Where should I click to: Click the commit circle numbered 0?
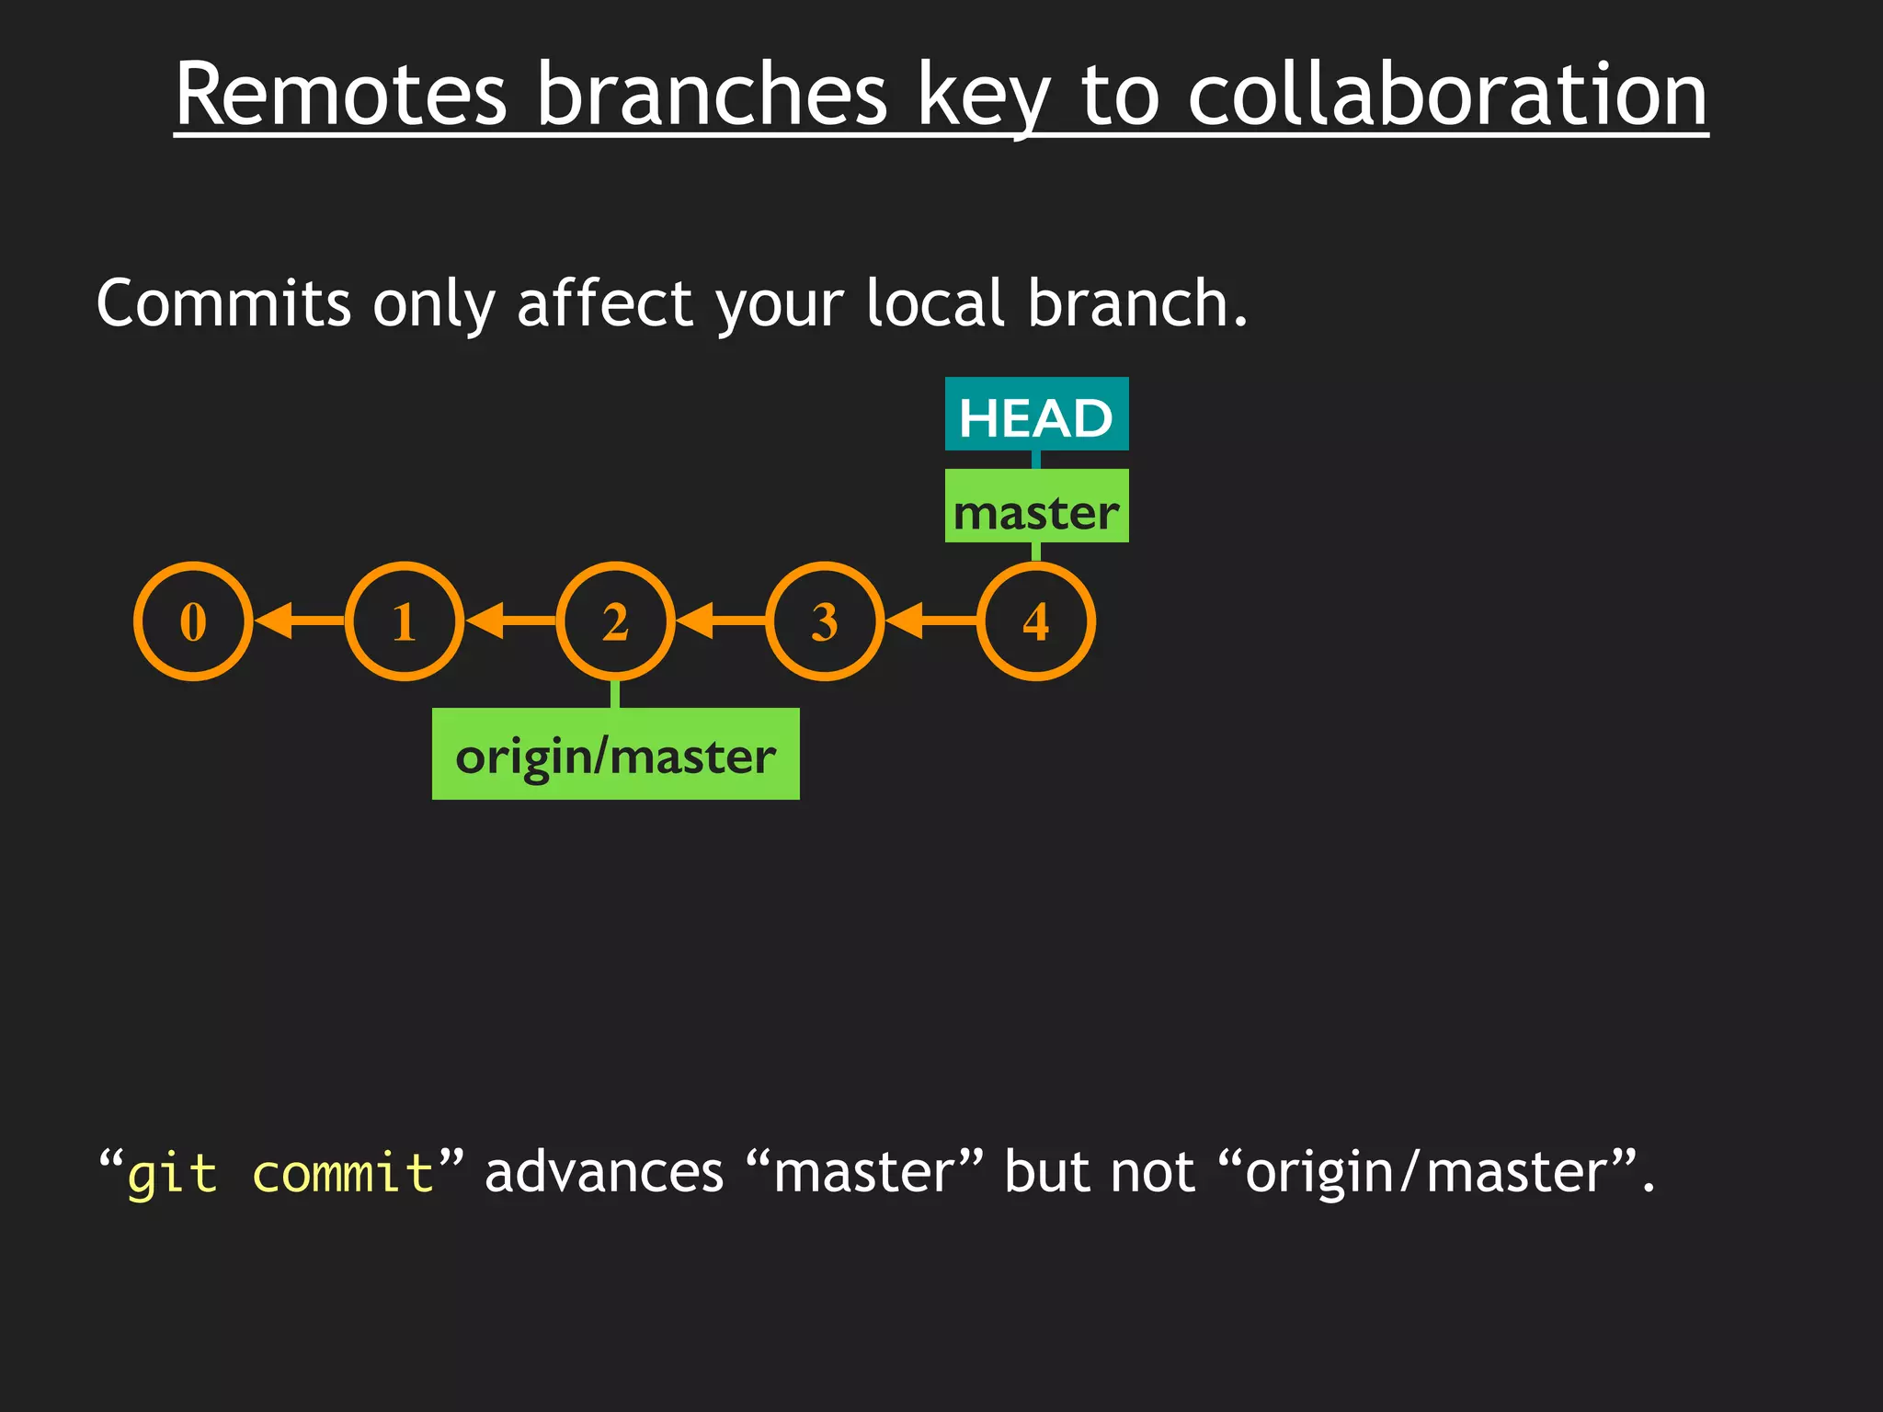click(193, 621)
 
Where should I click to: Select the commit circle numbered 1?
click(405, 621)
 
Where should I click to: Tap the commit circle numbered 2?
click(615, 621)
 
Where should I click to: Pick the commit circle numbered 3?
click(825, 621)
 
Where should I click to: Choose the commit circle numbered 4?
click(1036, 621)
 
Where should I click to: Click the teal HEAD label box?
click(1036, 415)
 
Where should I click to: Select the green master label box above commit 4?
click(1036, 507)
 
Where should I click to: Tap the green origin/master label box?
click(615, 754)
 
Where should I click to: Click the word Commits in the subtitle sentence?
click(223, 303)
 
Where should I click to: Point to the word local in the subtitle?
click(935, 303)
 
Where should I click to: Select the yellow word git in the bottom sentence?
click(172, 1174)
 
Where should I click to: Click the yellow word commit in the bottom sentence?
click(343, 1174)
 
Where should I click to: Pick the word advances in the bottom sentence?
click(604, 1173)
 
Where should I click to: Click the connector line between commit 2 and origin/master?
click(615, 693)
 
